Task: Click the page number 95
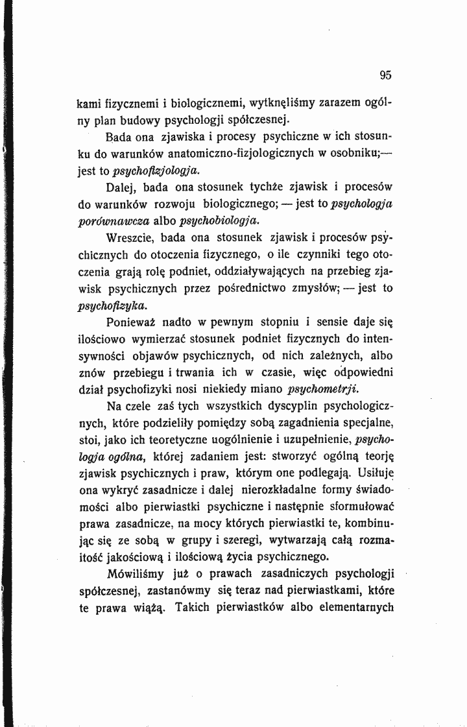(x=386, y=75)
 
